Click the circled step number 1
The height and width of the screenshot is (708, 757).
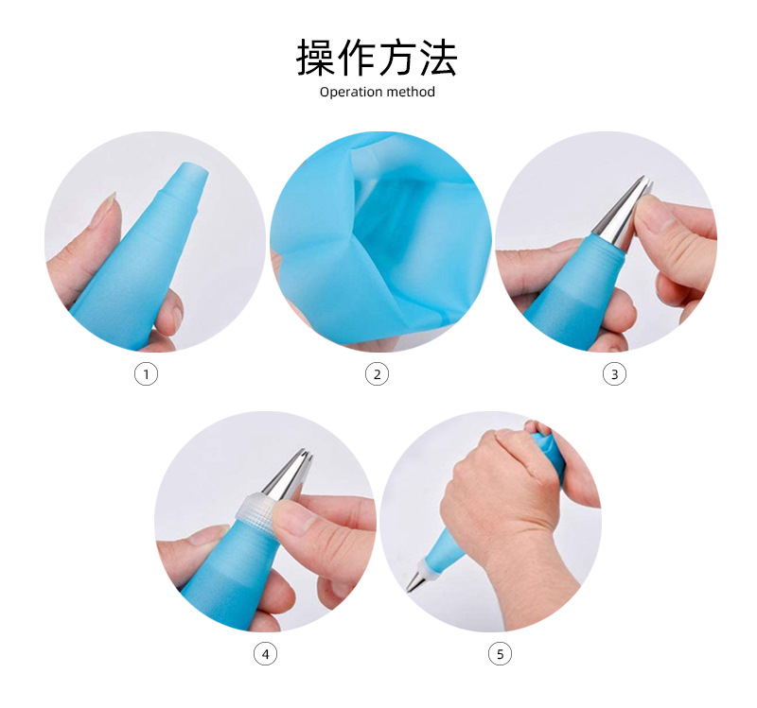point(146,373)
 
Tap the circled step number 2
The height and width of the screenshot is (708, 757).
point(377,373)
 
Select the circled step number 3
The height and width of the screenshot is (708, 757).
point(614,373)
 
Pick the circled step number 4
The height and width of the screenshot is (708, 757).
point(265,654)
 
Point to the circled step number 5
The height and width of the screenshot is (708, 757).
point(500,654)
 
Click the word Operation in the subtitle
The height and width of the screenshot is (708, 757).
point(351,92)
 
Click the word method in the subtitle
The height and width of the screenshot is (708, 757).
point(411,91)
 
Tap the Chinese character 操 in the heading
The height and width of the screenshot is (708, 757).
point(316,58)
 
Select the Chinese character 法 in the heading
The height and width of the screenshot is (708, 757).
point(438,58)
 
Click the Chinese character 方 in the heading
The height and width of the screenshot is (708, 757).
point(397,58)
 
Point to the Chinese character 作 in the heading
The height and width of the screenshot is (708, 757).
point(357,58)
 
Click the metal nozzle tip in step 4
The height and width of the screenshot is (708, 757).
point(290,475)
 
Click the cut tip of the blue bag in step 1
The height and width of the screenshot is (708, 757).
point(188,185)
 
